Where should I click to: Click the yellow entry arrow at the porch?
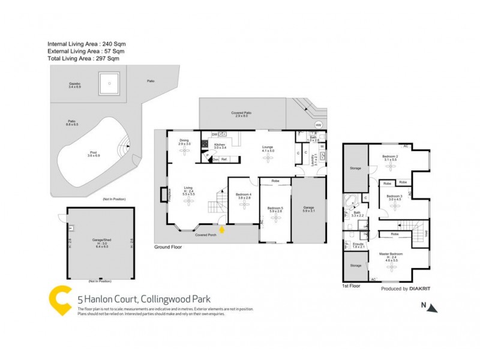223,229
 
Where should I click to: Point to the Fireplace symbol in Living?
163,195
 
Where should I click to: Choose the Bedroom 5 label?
274,209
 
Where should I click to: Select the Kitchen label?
220,146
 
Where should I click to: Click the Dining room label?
184,142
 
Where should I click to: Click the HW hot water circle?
319,125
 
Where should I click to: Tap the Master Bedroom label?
391,256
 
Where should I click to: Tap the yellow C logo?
61,300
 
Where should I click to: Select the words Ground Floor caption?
167,247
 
